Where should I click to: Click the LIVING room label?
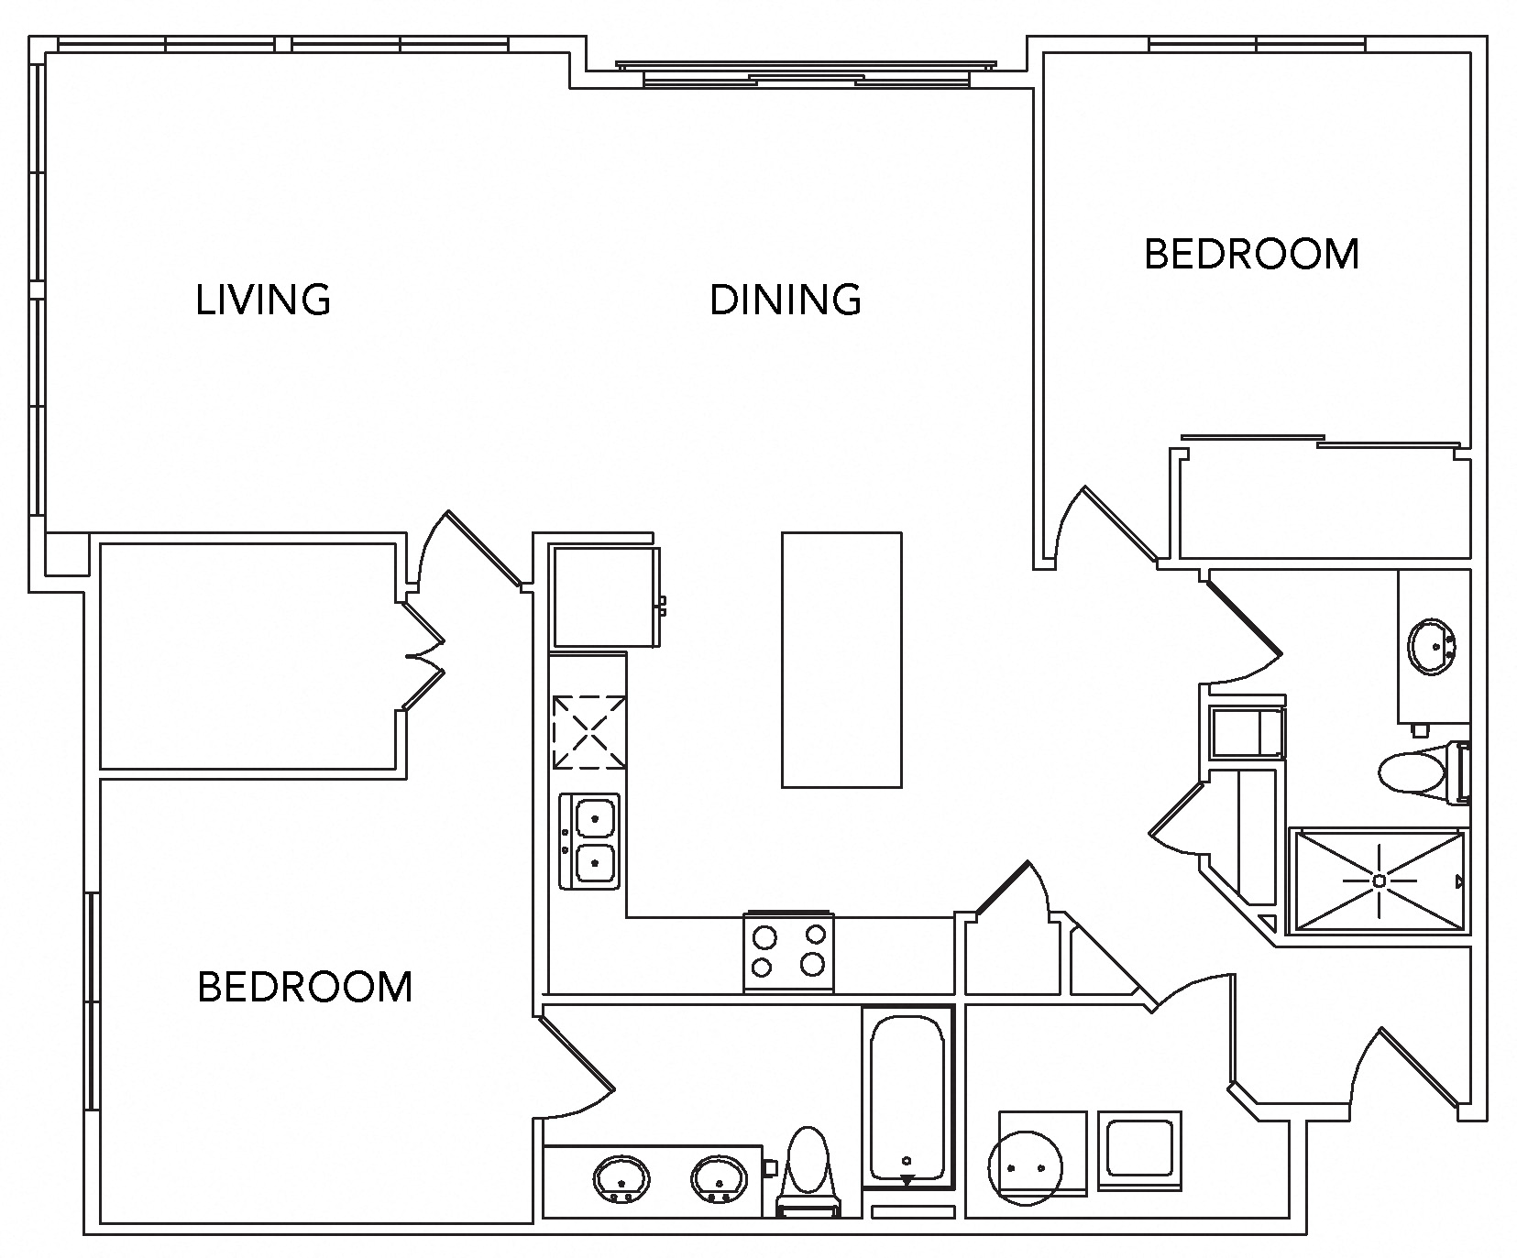[x=263, y=300]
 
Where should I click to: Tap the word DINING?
[x=786, y=300]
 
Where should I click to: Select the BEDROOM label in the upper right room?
[x=1251, y=254]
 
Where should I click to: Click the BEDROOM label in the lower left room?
[x=305, y=987]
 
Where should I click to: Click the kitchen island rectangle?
[x=841, y=660]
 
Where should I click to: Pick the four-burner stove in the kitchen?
[x=788, y=951]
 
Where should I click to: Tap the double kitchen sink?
[x=589, y=840]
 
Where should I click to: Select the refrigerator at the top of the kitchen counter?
[x=605, y=596]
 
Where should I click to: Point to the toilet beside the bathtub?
[x=808, y=1168]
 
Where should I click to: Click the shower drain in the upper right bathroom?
[x=1379, y=881]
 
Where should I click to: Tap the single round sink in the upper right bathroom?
[x=1432, y=647]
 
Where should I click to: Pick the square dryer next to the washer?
[x=1139, y=1150]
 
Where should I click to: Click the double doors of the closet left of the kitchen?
[x=423, y=655]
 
